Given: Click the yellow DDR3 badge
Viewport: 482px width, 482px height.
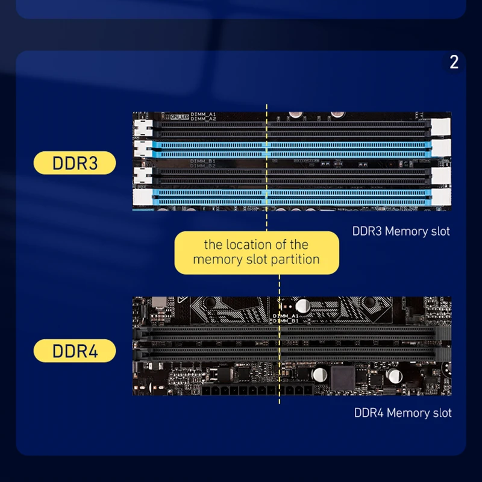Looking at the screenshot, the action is pos(75,163).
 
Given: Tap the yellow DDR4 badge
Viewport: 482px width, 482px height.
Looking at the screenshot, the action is pos(75,351).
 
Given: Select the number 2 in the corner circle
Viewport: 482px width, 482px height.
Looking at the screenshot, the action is pos(454,61).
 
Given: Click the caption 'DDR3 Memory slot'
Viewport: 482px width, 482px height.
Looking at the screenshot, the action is pos(401,231).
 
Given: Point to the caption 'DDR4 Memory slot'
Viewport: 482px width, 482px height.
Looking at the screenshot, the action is pos(402,413).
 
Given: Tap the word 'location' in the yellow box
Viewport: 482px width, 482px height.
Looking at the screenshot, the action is pos(250,245).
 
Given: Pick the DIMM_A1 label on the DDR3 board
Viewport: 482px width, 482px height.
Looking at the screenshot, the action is pos(203,114).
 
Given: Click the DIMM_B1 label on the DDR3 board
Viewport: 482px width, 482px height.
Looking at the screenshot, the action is pos(203,161).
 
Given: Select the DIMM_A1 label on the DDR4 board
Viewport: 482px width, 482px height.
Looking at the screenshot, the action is pos(286,316).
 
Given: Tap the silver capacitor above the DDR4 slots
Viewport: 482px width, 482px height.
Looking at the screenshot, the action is pos(302,306).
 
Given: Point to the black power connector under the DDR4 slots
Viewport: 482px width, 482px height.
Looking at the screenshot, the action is pos(253,392).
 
